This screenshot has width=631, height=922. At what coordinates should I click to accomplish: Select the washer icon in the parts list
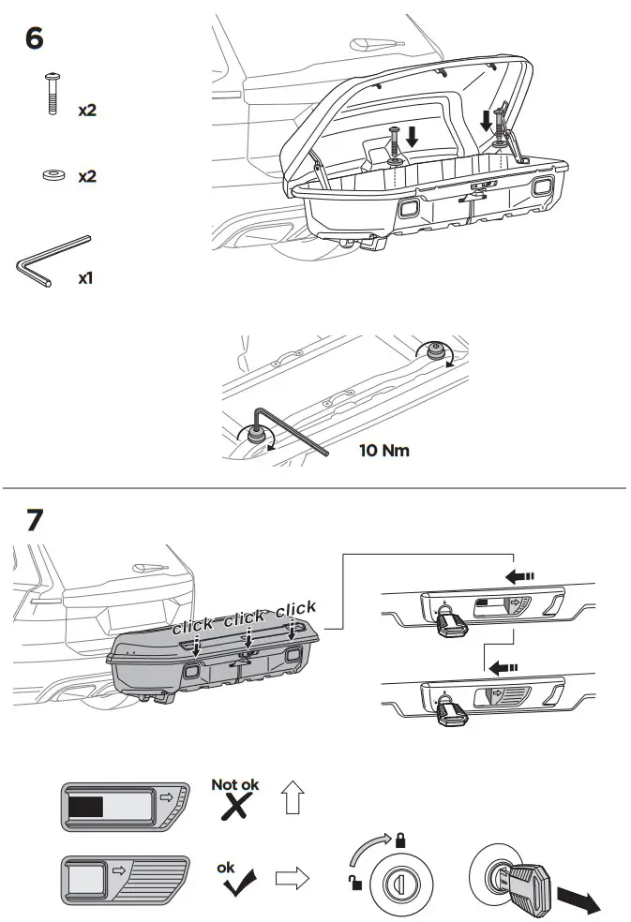coord(52,175)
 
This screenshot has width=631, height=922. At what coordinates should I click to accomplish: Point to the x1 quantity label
coord(87,278)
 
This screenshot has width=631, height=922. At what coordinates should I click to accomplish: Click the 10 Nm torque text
coord(384,450)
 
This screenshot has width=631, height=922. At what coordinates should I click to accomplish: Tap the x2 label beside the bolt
coord(87,110)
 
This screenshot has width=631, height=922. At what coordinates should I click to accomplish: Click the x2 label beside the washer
coord(87,176)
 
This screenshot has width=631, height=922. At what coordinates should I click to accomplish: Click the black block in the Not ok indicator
coord(90,805)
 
